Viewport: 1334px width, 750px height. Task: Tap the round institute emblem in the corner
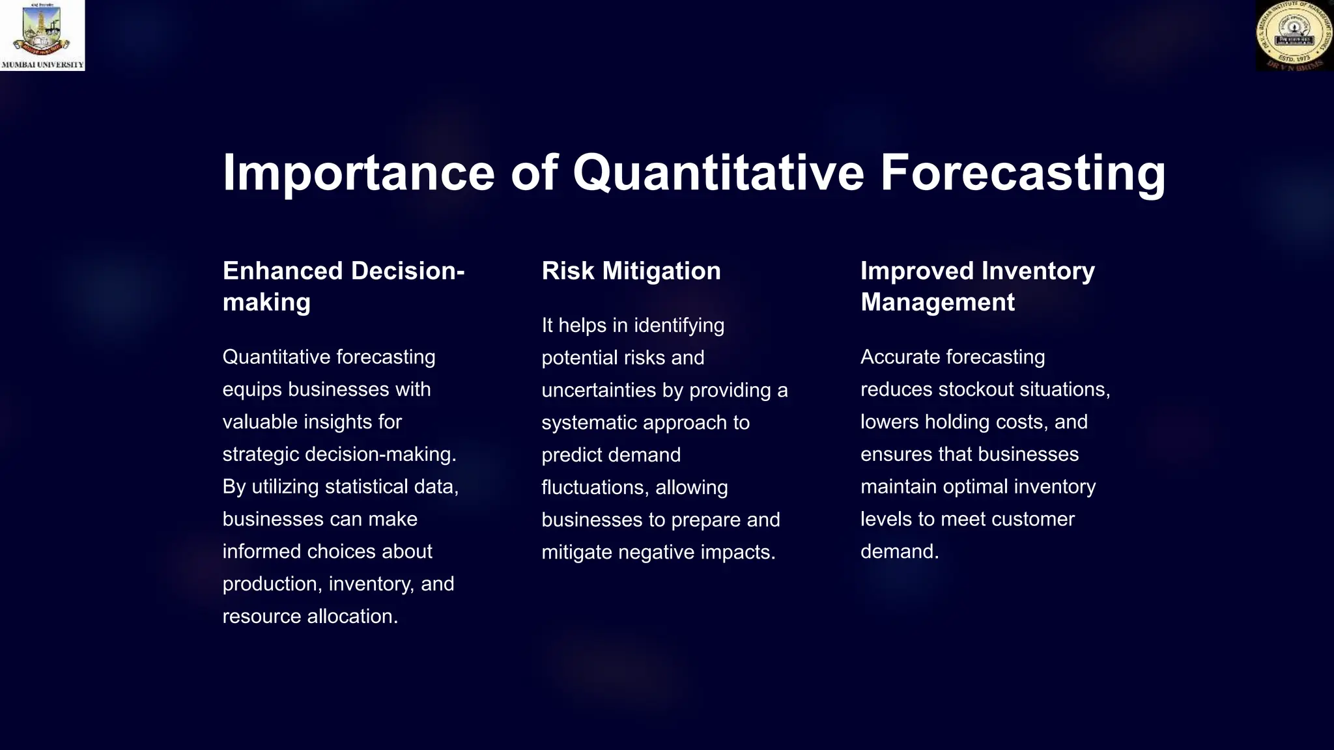click(1294, 36)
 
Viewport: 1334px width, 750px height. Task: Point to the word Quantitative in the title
click(718, 173)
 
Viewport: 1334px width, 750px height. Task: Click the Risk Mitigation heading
click(631, 271)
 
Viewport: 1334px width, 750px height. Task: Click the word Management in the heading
click(937, 302)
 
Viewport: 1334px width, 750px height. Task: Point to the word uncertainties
click(599, 390)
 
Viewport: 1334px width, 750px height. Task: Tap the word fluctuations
click(595, 488)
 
